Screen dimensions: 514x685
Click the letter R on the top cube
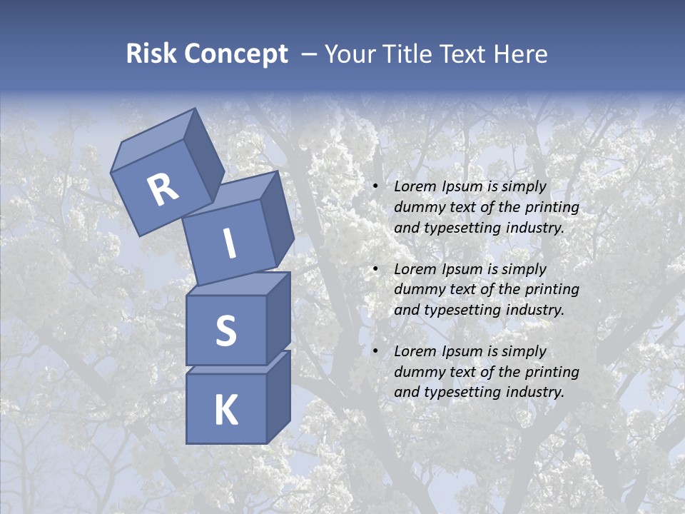[x=163, y=190]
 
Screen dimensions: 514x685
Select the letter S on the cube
[x=225, y=331]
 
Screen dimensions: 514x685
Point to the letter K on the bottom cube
[x=225, y=410]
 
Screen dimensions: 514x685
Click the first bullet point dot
[x=375, y=186]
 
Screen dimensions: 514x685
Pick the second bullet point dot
[x=375, y=269]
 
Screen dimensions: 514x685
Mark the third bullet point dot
[x=375, y=351]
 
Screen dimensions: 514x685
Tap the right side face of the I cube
[x=277, y=221]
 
